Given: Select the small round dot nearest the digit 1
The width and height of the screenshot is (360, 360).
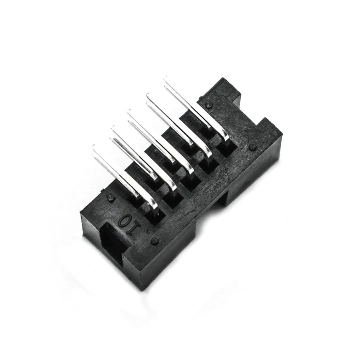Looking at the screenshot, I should [x=155, y=241].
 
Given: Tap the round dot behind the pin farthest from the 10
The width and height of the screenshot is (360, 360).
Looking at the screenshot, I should [x=209, y=105].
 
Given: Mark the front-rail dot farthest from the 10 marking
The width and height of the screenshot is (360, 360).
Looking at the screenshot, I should [x=252, y=147].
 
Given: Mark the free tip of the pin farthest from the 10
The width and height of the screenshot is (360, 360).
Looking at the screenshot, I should [x=166, y=80].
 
